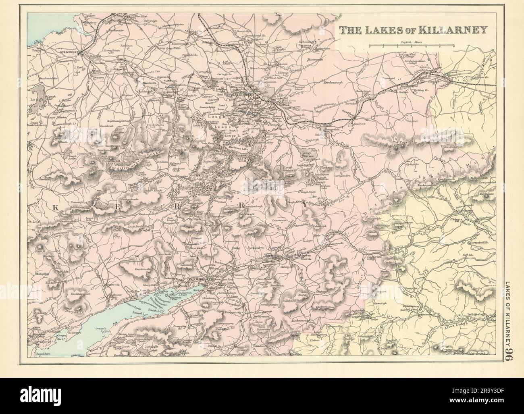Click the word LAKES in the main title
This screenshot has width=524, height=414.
[x=384, y=29]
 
